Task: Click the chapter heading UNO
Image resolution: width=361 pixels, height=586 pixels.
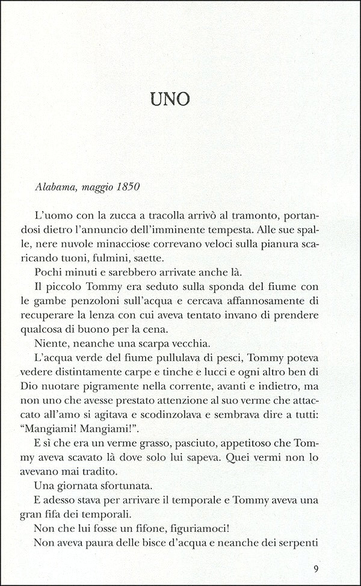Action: click(x=180, y=99)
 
